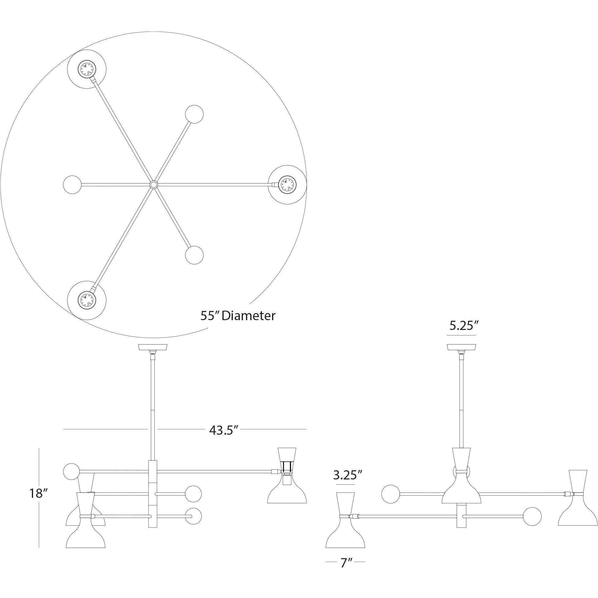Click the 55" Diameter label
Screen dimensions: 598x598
[238, 316]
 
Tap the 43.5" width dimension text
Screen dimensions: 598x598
[223, 430]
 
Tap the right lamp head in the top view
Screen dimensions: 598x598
[287, 185]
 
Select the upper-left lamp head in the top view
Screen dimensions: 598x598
[87, 69]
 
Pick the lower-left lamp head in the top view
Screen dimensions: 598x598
[87, 300]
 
